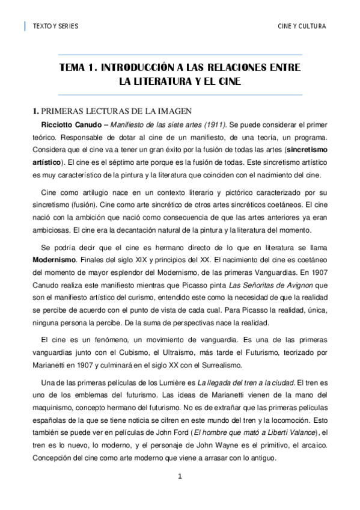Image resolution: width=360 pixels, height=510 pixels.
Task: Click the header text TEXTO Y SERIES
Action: point(55,26)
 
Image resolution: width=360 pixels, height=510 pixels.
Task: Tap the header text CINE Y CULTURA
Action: point(302,26)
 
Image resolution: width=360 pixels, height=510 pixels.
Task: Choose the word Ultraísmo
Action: point(195,352)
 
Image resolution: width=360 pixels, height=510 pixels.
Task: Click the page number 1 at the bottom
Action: point(179,477)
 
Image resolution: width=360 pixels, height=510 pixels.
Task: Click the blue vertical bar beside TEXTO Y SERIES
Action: point(25,26)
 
